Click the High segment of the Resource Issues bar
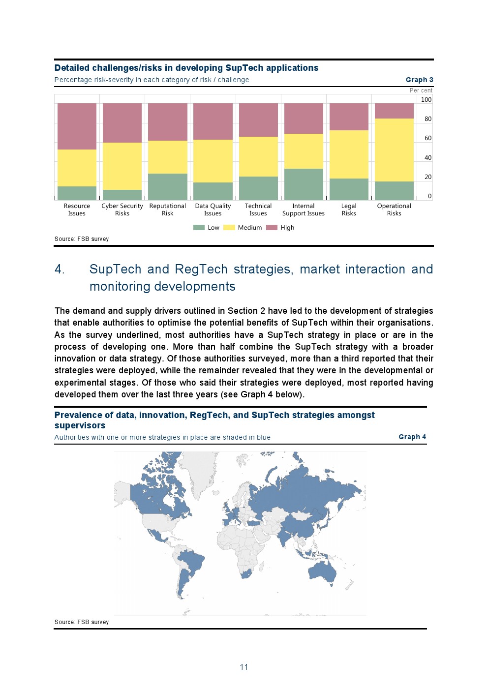tap(77, 126)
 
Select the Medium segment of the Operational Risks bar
tap(394, 150)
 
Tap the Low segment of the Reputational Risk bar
tap(167, 186)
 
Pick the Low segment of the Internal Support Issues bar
tap(304, 184)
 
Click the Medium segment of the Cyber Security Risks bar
tap(122, 166)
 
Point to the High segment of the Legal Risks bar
tap(349, 117)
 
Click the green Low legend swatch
tap(199, 228)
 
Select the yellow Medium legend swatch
tap(229, 228)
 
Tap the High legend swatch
tap(272, 228)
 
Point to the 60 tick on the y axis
tap(427, 138)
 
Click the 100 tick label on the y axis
tap(426, 100)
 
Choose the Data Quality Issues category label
tap(213, 210)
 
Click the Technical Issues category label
tap(258, 210)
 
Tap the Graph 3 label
tap(419, 80)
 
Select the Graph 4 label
tap(412, 437)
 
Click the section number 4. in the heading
tap(60, 270)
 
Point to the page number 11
tap(244, 667)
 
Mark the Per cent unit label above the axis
tap(421, 90)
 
